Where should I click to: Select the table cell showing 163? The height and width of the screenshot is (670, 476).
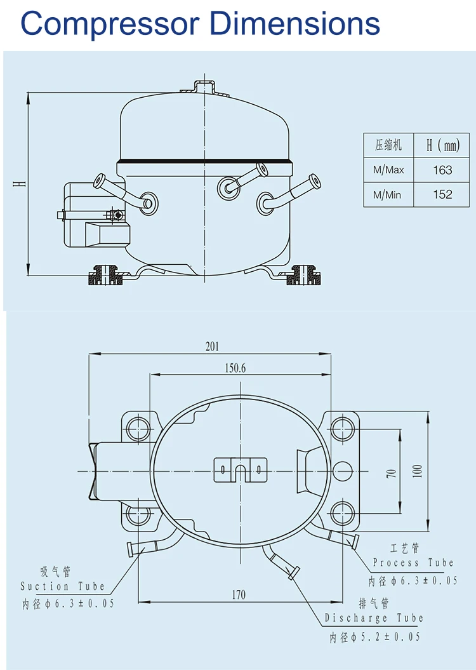[442, 170]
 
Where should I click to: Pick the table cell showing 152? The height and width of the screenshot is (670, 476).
[442, 194]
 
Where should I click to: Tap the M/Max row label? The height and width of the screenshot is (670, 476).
[388, 170]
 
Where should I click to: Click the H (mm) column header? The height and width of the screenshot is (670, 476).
[442, 145]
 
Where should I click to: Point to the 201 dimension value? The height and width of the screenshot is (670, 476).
[212, 346]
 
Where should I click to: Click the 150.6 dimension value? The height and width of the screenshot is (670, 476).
[235, 368]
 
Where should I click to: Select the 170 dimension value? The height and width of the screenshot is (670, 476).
[238, 595]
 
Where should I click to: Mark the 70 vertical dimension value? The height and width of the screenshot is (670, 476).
[392, 473]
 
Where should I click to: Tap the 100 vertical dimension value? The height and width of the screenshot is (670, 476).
[417, 471]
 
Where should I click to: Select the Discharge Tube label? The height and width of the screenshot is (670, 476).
[373, 618]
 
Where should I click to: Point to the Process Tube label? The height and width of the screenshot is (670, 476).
[413, 563]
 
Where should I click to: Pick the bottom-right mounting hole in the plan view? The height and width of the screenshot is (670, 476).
[342, 513]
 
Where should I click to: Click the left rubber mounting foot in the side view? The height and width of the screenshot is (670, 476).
[105, 276]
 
